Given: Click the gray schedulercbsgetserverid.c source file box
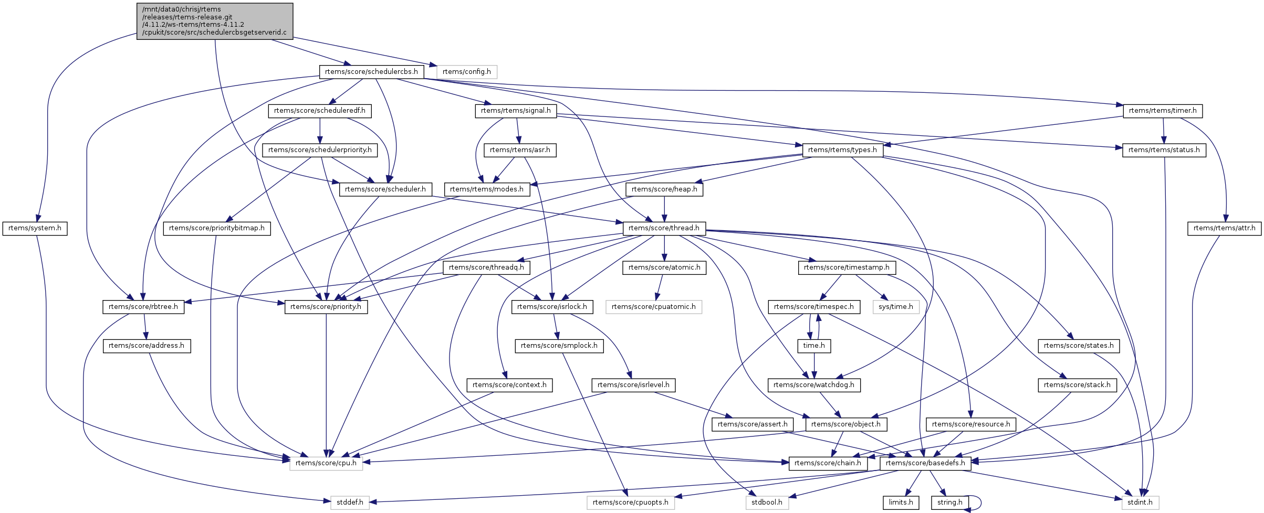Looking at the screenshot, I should [x=214, y=21].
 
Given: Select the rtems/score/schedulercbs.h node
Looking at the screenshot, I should [x=371, y=72].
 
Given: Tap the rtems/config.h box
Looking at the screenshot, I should [x=466, y=72].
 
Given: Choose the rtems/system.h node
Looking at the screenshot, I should [x=35, y=228].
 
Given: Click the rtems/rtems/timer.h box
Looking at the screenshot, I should [x=1163, y=111].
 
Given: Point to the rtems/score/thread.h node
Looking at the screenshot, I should [x=664, y=228].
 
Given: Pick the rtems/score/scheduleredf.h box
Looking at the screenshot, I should [x=320, y=111].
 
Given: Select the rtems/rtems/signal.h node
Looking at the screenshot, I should [x=516, y=111].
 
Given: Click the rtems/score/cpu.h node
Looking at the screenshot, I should [x=326, y=463].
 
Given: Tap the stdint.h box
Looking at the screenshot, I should [x=1140, y=503].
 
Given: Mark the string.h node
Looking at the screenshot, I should [x=949, y=503].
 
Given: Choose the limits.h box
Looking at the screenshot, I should [x=901, y=503].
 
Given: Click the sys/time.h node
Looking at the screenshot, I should [x=896, y=307].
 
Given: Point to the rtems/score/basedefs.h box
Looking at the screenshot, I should [x=925, y=463].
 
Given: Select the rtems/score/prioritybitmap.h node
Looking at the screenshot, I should [x=217, y=228].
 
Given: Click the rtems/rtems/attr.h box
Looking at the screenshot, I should [x=1224, y=228].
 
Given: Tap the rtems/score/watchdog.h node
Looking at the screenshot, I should [x=814, y=385].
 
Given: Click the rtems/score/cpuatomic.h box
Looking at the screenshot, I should [x=654, y=307].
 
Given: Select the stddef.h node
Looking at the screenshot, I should [x=350, y=503].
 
